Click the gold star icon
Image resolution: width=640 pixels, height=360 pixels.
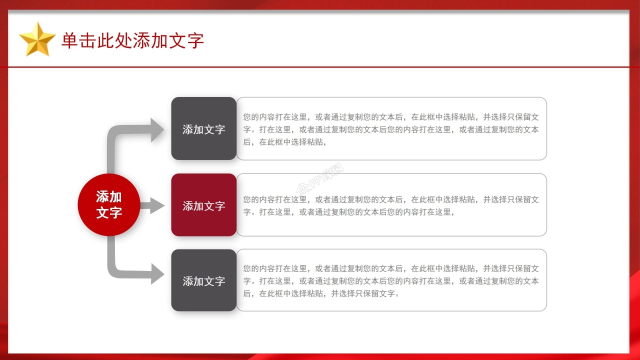37,39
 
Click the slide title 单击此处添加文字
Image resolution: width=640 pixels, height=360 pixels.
132,40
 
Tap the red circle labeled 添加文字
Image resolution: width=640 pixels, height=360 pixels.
109,204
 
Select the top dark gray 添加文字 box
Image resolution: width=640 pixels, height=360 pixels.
203,129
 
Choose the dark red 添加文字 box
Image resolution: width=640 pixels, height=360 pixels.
203,205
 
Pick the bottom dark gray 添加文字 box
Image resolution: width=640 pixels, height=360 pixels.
203,280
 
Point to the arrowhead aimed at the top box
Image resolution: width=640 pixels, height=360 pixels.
157,130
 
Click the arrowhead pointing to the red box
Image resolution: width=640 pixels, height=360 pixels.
156,205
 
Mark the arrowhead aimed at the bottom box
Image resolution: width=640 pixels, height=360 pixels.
157,273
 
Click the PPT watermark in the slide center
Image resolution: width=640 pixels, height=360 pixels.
320,179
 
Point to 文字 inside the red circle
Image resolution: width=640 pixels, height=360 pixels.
109,212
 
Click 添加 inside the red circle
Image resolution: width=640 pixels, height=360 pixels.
109,196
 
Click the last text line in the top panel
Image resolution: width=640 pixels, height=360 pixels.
285,142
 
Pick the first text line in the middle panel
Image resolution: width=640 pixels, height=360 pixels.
391,199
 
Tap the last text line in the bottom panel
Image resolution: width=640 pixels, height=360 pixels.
321,293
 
